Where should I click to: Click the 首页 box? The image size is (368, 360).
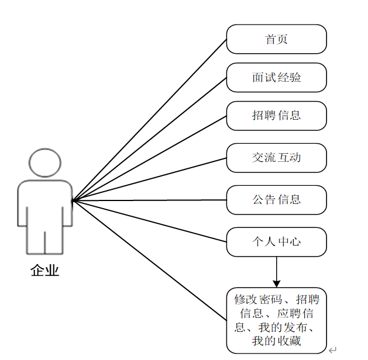pos(276,39)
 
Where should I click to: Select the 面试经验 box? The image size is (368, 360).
pos(276,77)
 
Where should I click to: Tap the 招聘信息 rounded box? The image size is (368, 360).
pos(276,115)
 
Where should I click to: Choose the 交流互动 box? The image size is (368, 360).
pos(276,158)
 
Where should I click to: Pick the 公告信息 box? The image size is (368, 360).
pos(276,200)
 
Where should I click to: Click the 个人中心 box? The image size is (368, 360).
pos(276,241)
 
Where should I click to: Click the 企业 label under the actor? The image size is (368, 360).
pos(45,271)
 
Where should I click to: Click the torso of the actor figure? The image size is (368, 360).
pos(45,205)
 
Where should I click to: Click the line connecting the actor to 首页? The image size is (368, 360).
pos(149,120)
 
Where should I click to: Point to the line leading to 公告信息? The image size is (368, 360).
pos(149,200)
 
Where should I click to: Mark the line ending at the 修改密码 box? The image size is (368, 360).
pos(149,260)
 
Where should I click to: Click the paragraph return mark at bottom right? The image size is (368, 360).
pos(332,350)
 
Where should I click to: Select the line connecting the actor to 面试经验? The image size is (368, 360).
pos(149,139)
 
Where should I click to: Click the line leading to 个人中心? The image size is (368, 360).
pos(149,221)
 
